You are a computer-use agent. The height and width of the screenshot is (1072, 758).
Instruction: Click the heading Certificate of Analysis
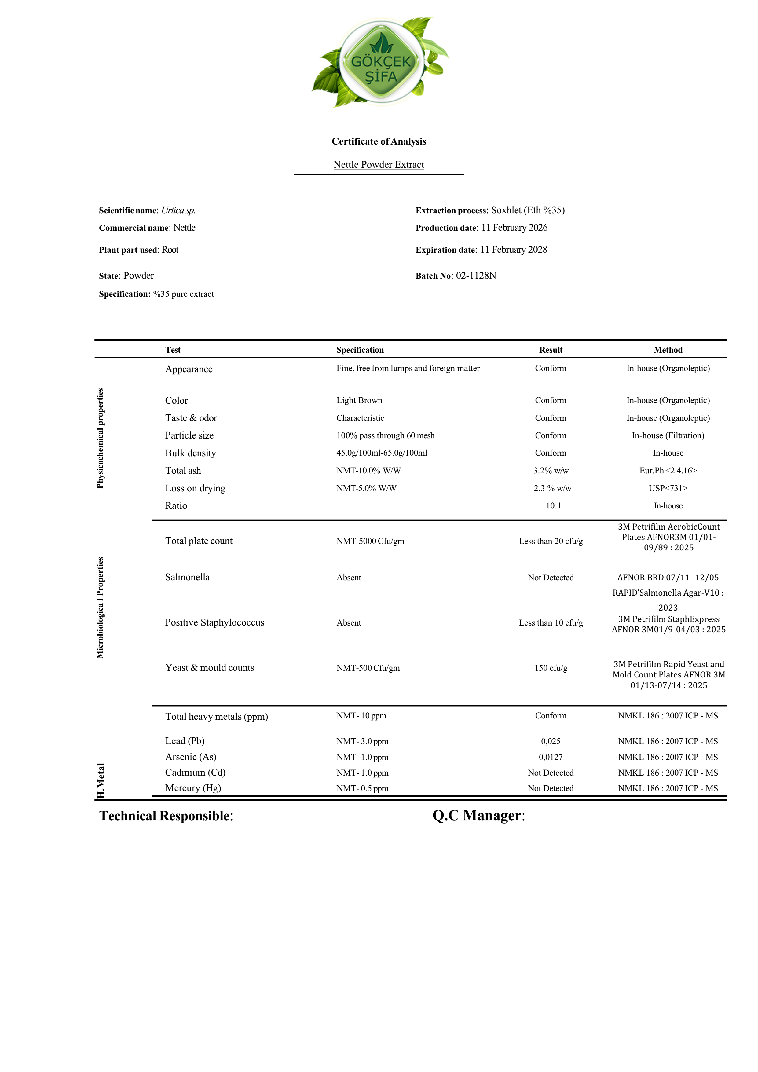coord(379,141)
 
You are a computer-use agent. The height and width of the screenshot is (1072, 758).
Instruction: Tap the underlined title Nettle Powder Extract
coord(379,165)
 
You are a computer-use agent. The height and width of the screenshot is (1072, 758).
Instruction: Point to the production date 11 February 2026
coord(514,228)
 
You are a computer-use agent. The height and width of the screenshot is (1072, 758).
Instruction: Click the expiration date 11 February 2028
coord(513,250)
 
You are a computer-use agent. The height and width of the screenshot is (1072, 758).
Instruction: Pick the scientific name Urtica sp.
coord(178,211)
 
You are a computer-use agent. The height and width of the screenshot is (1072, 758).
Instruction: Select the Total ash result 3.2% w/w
coord(551,471)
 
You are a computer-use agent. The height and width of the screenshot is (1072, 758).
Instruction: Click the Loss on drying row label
coord(195,488)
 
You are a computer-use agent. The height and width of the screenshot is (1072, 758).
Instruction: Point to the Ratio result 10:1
coord(554,506)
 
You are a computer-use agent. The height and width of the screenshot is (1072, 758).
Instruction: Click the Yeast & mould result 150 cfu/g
coord(551,668)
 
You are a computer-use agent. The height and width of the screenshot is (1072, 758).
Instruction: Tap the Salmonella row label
coord(187,578)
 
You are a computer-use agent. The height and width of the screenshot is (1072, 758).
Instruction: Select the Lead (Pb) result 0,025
coord(551,741)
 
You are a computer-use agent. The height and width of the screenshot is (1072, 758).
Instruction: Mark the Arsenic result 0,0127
coord(551,757)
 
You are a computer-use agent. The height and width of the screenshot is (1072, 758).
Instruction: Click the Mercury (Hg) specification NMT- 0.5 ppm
coord(362,789)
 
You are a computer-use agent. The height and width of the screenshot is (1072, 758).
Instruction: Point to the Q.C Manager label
coord(478,816)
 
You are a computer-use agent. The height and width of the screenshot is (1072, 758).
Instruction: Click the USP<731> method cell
coord(668,488)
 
